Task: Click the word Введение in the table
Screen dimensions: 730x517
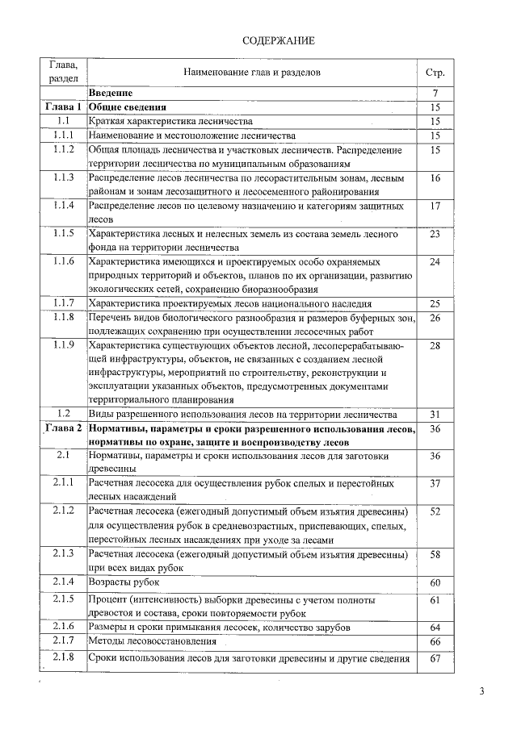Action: coord(111,94)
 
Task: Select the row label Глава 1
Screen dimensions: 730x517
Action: coord(63,107)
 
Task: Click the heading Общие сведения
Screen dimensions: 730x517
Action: coord(128,107)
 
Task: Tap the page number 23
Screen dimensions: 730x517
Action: coord(435,234)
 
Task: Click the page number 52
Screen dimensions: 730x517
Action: coord(435,511)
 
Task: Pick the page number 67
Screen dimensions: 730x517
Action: coord(435,658)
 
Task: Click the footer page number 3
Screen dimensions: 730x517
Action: coord(482,690)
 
